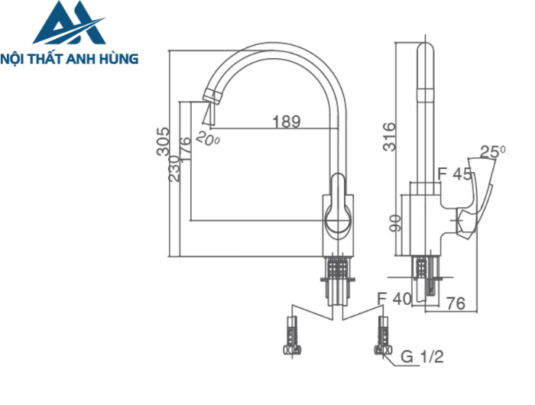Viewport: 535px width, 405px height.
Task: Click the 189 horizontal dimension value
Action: click(287, 121)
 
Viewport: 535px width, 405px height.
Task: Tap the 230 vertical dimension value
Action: click(174, 168)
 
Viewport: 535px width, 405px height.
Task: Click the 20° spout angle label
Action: click(207, 138)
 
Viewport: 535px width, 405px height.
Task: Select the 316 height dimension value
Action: click(389, 137)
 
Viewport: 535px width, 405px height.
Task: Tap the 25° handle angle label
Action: click(493, 151)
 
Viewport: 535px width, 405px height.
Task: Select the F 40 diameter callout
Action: click(394, 299)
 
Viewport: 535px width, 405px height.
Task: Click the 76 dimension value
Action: click(456, 304)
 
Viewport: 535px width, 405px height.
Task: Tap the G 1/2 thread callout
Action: click(422, 356)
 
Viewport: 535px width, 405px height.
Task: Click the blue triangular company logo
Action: click(69, 25)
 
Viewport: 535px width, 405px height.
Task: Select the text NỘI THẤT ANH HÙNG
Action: click(70, 58)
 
